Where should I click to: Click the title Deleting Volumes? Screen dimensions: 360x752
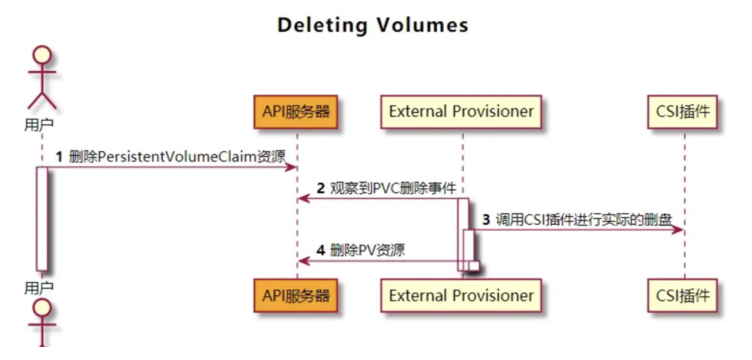click(x=373, y=25)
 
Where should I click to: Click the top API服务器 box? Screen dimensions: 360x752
click(x=296, y=112)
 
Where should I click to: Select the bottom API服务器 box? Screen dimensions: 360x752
click(x=296, y=296)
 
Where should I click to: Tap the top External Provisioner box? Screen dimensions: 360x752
click(x=461, y=112)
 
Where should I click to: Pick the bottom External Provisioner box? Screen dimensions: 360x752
click(x=461, y=296)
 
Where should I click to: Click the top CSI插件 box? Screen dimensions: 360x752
click(x=683, y=112)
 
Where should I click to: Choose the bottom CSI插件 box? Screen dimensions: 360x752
click(x=683, y=296)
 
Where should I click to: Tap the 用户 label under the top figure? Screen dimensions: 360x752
click(x=38, y=125)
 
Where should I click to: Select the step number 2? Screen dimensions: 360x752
click(x=320, y=189)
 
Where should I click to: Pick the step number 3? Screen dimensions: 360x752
click(x=487, y=219)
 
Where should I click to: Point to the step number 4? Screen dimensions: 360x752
click(x=320, y=250)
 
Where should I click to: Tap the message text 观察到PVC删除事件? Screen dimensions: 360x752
click(x=393, y=189)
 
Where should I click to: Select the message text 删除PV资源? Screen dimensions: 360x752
click(x=367, y=250)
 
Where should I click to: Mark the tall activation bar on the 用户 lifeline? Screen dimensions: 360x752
click(x=42, y=219)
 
